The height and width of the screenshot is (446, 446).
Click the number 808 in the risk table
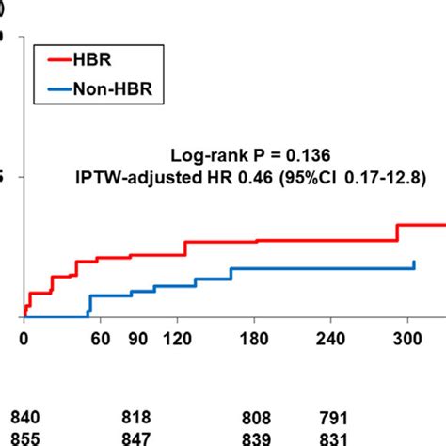(256, 418)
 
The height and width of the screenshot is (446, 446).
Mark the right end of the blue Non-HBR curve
(415, 263)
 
